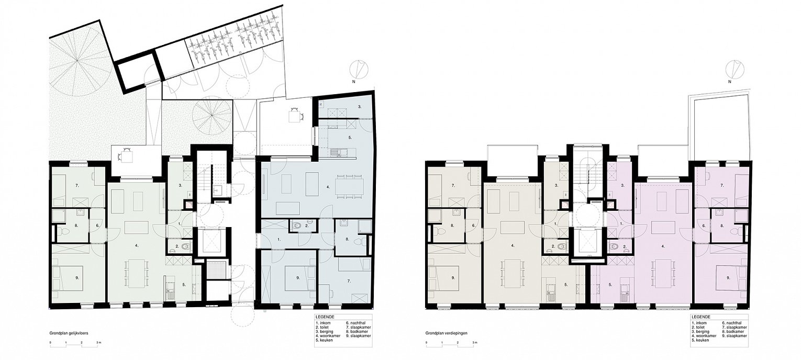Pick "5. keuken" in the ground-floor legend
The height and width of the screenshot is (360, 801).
click(325, 340)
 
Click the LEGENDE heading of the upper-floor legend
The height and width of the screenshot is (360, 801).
click(700, 317)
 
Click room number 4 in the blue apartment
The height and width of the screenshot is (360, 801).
click(328, 187)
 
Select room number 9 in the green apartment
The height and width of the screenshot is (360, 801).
click(77, 277)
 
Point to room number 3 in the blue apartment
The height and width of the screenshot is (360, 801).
click(360, 107)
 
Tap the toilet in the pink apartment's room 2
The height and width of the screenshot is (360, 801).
click(614, 246)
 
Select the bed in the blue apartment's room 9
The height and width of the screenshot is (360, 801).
click(299, 279)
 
